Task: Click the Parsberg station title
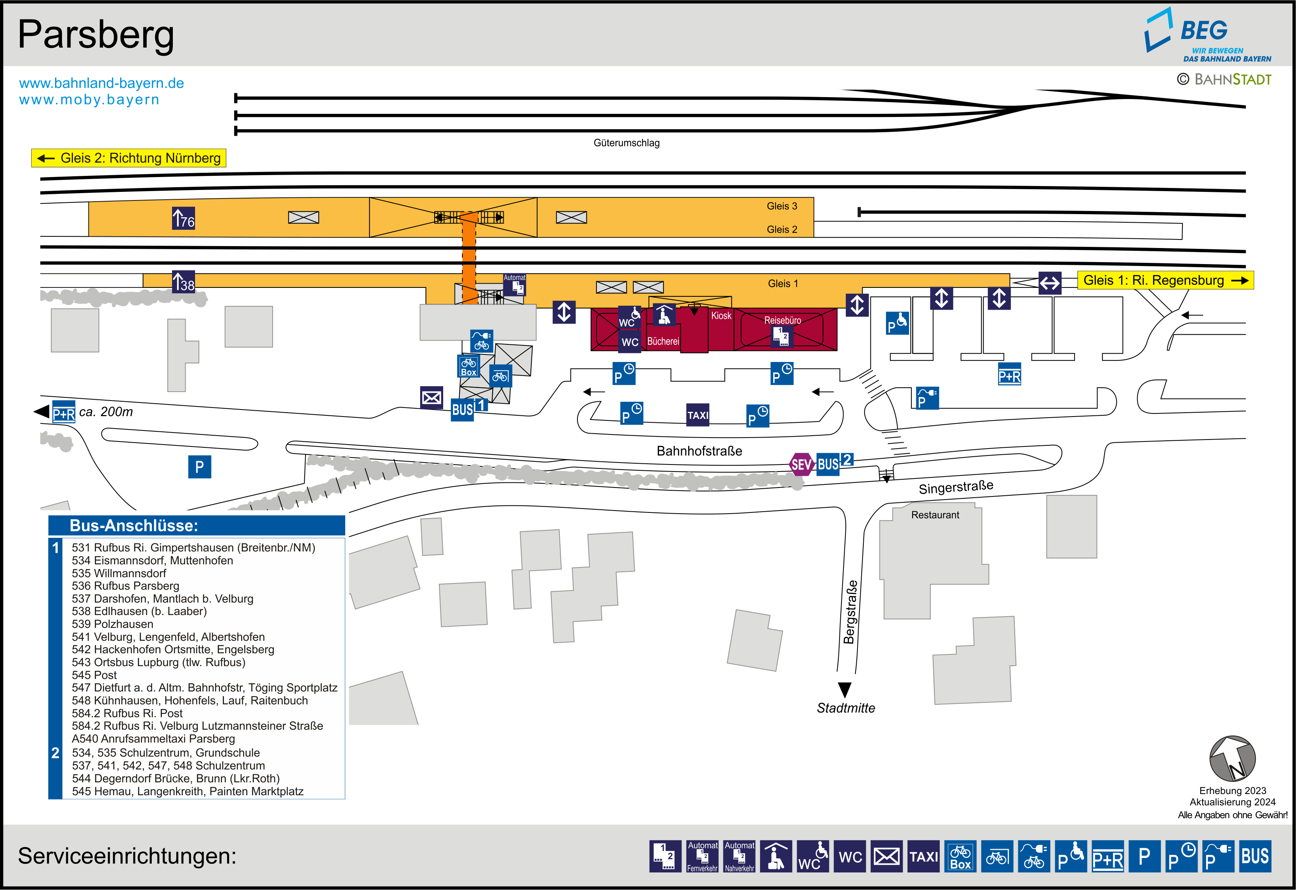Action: coord(96,35)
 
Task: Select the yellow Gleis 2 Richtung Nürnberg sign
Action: coord(129,158)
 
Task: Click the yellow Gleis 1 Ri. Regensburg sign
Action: coord(1165,280)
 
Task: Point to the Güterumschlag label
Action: coord(626,143)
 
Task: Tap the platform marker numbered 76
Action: coord(183,218)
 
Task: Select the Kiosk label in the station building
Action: coord(721,316)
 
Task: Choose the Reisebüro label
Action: coord(782,320)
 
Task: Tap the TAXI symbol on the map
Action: coord(698,415)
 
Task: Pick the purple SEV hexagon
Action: coord(801,465)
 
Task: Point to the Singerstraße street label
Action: coord(955,488)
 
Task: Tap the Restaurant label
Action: coord(935,515)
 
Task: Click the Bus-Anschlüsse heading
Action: coord(133,525)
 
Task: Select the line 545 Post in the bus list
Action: coord(94,675)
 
